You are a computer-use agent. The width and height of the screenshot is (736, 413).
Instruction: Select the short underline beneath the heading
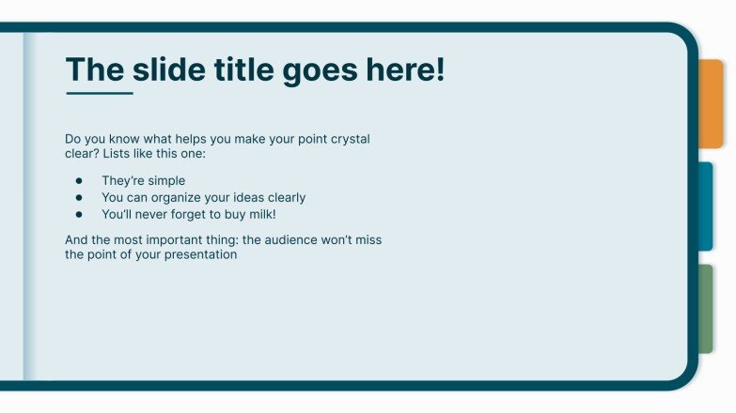(99, 94)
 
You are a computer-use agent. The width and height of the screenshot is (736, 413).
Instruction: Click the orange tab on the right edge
(712, 103)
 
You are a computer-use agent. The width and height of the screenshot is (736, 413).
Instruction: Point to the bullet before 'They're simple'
(80, 181)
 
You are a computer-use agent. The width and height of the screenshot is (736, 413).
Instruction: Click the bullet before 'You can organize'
(80, 198)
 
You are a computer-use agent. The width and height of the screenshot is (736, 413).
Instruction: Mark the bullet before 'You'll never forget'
(80, 214)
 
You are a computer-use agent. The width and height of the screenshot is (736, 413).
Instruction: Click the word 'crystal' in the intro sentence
(349, 139)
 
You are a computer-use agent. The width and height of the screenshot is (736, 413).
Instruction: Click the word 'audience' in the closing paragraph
(290, 240)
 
